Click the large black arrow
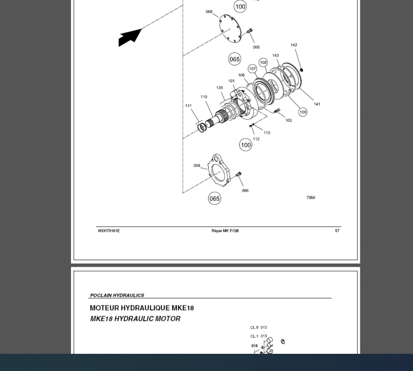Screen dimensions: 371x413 (x=130, y=37)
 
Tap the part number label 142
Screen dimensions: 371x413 (x=294, y=45)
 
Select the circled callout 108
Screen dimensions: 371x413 (x=263, y=62)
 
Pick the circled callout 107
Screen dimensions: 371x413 (x=252, y=69)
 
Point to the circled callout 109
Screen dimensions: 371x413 (x=303, y=112)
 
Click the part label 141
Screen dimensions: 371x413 (x=317, y=104)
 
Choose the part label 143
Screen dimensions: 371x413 (x=275, y=55)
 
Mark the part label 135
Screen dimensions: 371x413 (x=219, y=88)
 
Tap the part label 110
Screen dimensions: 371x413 (x=204, y=97)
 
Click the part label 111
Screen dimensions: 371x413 (x=188, y=105)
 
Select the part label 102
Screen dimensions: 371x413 (x=288, y=120)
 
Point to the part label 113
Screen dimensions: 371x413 (x=267, y=132)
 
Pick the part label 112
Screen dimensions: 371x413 (x=256, y=139)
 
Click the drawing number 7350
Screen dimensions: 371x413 (x=311, y=197)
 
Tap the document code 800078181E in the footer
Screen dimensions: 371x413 (x=109, y=231)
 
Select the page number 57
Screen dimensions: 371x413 (x=337, y=231)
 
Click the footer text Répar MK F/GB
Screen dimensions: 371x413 (x=225, y=231)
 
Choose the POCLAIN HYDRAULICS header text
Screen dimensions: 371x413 (x=117, y=295)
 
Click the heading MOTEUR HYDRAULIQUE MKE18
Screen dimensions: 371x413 (x=141, y=308)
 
